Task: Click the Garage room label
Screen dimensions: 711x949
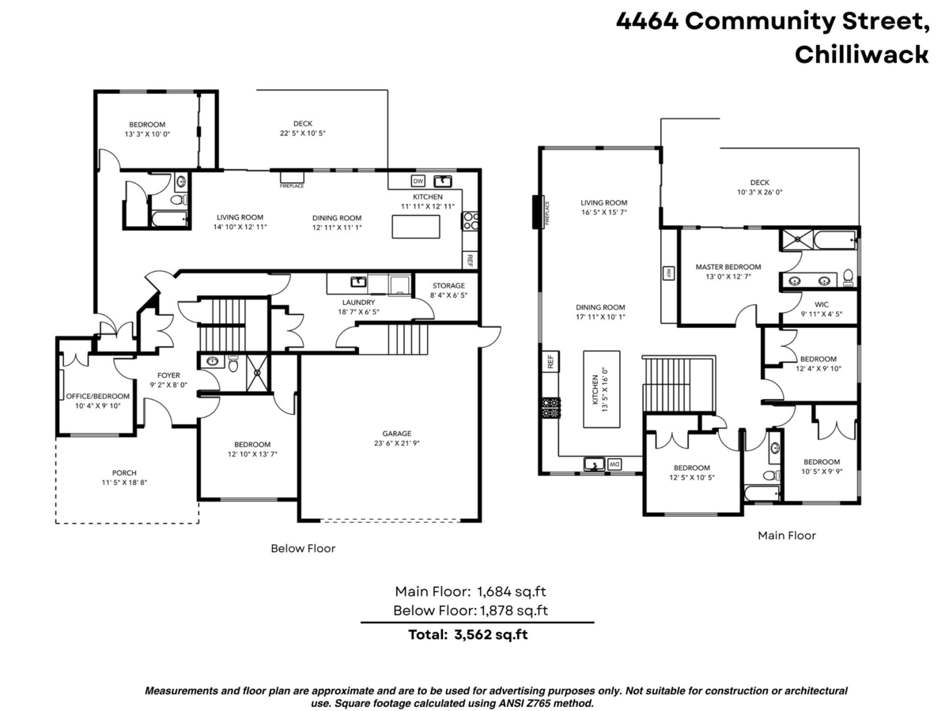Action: pyautogui.click(x=397, y=433)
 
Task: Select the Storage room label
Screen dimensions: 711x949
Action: pyautogui.click(x=448, y=285)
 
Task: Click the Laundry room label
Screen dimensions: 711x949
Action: pyautogui.click(x=360, y=302)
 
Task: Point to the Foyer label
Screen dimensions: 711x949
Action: pyautogui.click(x=168, y=375)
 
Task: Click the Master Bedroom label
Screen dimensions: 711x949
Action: pyautogui.click(x=728, y=267)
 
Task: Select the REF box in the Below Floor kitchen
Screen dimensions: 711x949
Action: pyautogui.click(x=469, y=259)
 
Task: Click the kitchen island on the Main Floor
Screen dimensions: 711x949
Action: pyautogui.click(x=602, y=389)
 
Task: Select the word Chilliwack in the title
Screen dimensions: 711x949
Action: pyautogui.click(x=861, y=54)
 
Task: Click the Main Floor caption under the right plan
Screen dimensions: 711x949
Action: pyautogui.click(x=786, y=535)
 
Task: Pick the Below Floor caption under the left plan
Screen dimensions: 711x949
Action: pyautogui.click(x=303, y=548)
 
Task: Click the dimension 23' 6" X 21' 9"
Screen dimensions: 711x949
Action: pyautogui.click(x=397, y=444)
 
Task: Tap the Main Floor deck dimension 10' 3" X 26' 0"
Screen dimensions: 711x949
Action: pyautogui.click(x=759, y=192)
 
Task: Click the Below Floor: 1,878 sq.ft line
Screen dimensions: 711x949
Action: pyautogui.click(x=471, y=610)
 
